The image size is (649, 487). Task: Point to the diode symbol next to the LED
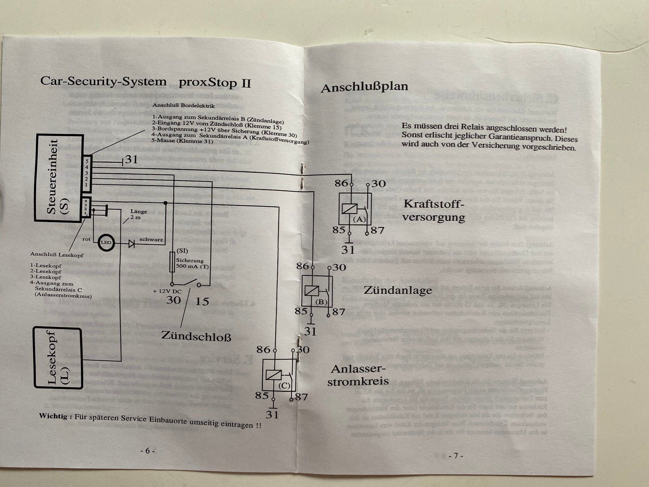tap(132, 244)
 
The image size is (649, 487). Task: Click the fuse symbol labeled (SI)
tap(172, 262)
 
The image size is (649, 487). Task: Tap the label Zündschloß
tap(196, 336)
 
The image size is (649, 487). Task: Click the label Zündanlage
tap(398, 290)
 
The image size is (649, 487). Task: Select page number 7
tap(455, 456)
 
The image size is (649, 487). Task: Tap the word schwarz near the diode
tap(151, 239)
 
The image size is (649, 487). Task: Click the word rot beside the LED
tap(87, 239)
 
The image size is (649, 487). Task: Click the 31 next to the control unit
tap(131, 159)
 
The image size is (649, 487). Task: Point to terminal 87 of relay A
tap(377, 230)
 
